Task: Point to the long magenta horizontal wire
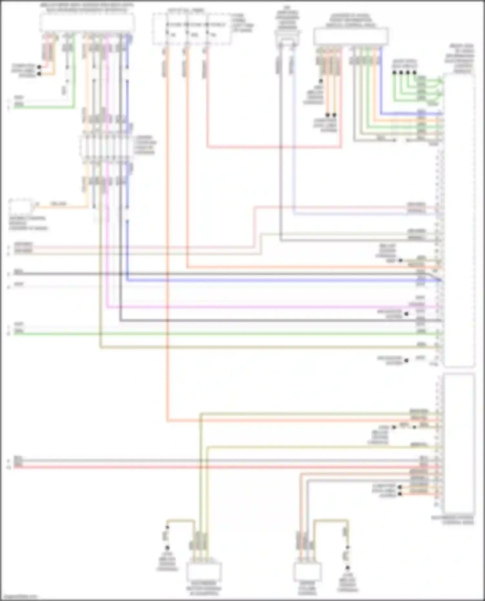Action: pyautogui.click(x=259, y=307)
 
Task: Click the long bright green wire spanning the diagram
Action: pyautogui.click(x=226, y=333)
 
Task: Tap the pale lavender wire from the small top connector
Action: pyautogui.click(x=294, y=145)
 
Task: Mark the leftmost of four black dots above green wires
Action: pyautogui.click(x=394, y=73)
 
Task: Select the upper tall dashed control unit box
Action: pyautogui.click(x=459, y=220)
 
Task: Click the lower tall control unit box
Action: pyautogui.click(x=459, y=442)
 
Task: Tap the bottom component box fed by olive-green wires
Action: pyautogui.click(x=204, y=572)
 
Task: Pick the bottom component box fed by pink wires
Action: pyautogui.click(x=307, y=572)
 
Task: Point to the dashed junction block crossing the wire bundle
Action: pyautogui.click(x=107, y=147)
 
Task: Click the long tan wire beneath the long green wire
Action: pyautogui.click(x=259, y=347)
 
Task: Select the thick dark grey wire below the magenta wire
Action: pyautogui.click(x=259, y=320)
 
